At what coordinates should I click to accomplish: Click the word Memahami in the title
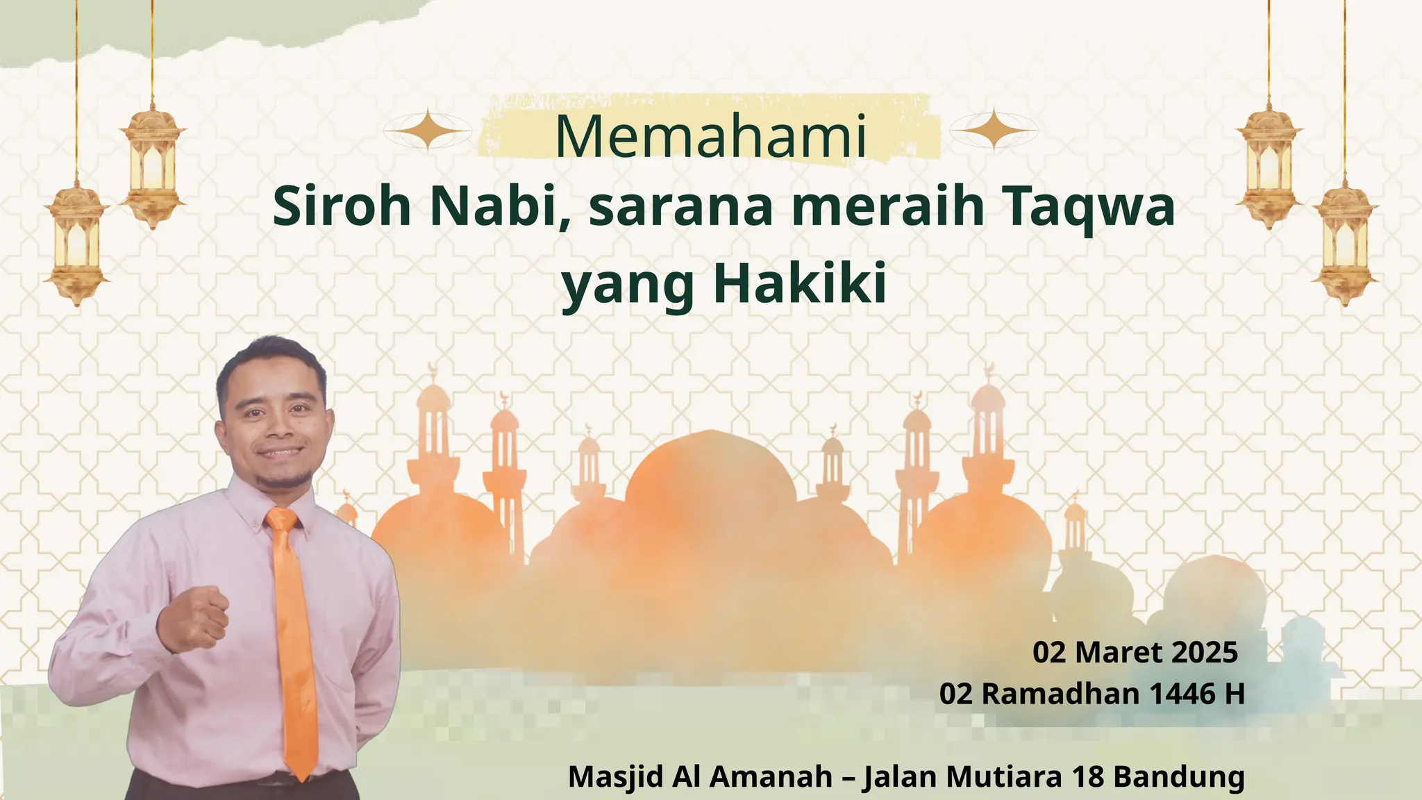pyautogui.click(x=711, y=136)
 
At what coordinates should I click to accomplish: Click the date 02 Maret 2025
pyautogui.click(x=1135, y=652)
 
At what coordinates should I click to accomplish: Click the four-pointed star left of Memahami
pyautogui.click(x=429, y=130)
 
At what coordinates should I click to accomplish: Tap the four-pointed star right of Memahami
pyautogui.click(x=994, y=129)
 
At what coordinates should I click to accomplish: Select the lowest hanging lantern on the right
pyautogui.click(x=1345, y=243)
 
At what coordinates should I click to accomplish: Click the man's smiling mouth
pyautogui.click(x=281, y=452)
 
